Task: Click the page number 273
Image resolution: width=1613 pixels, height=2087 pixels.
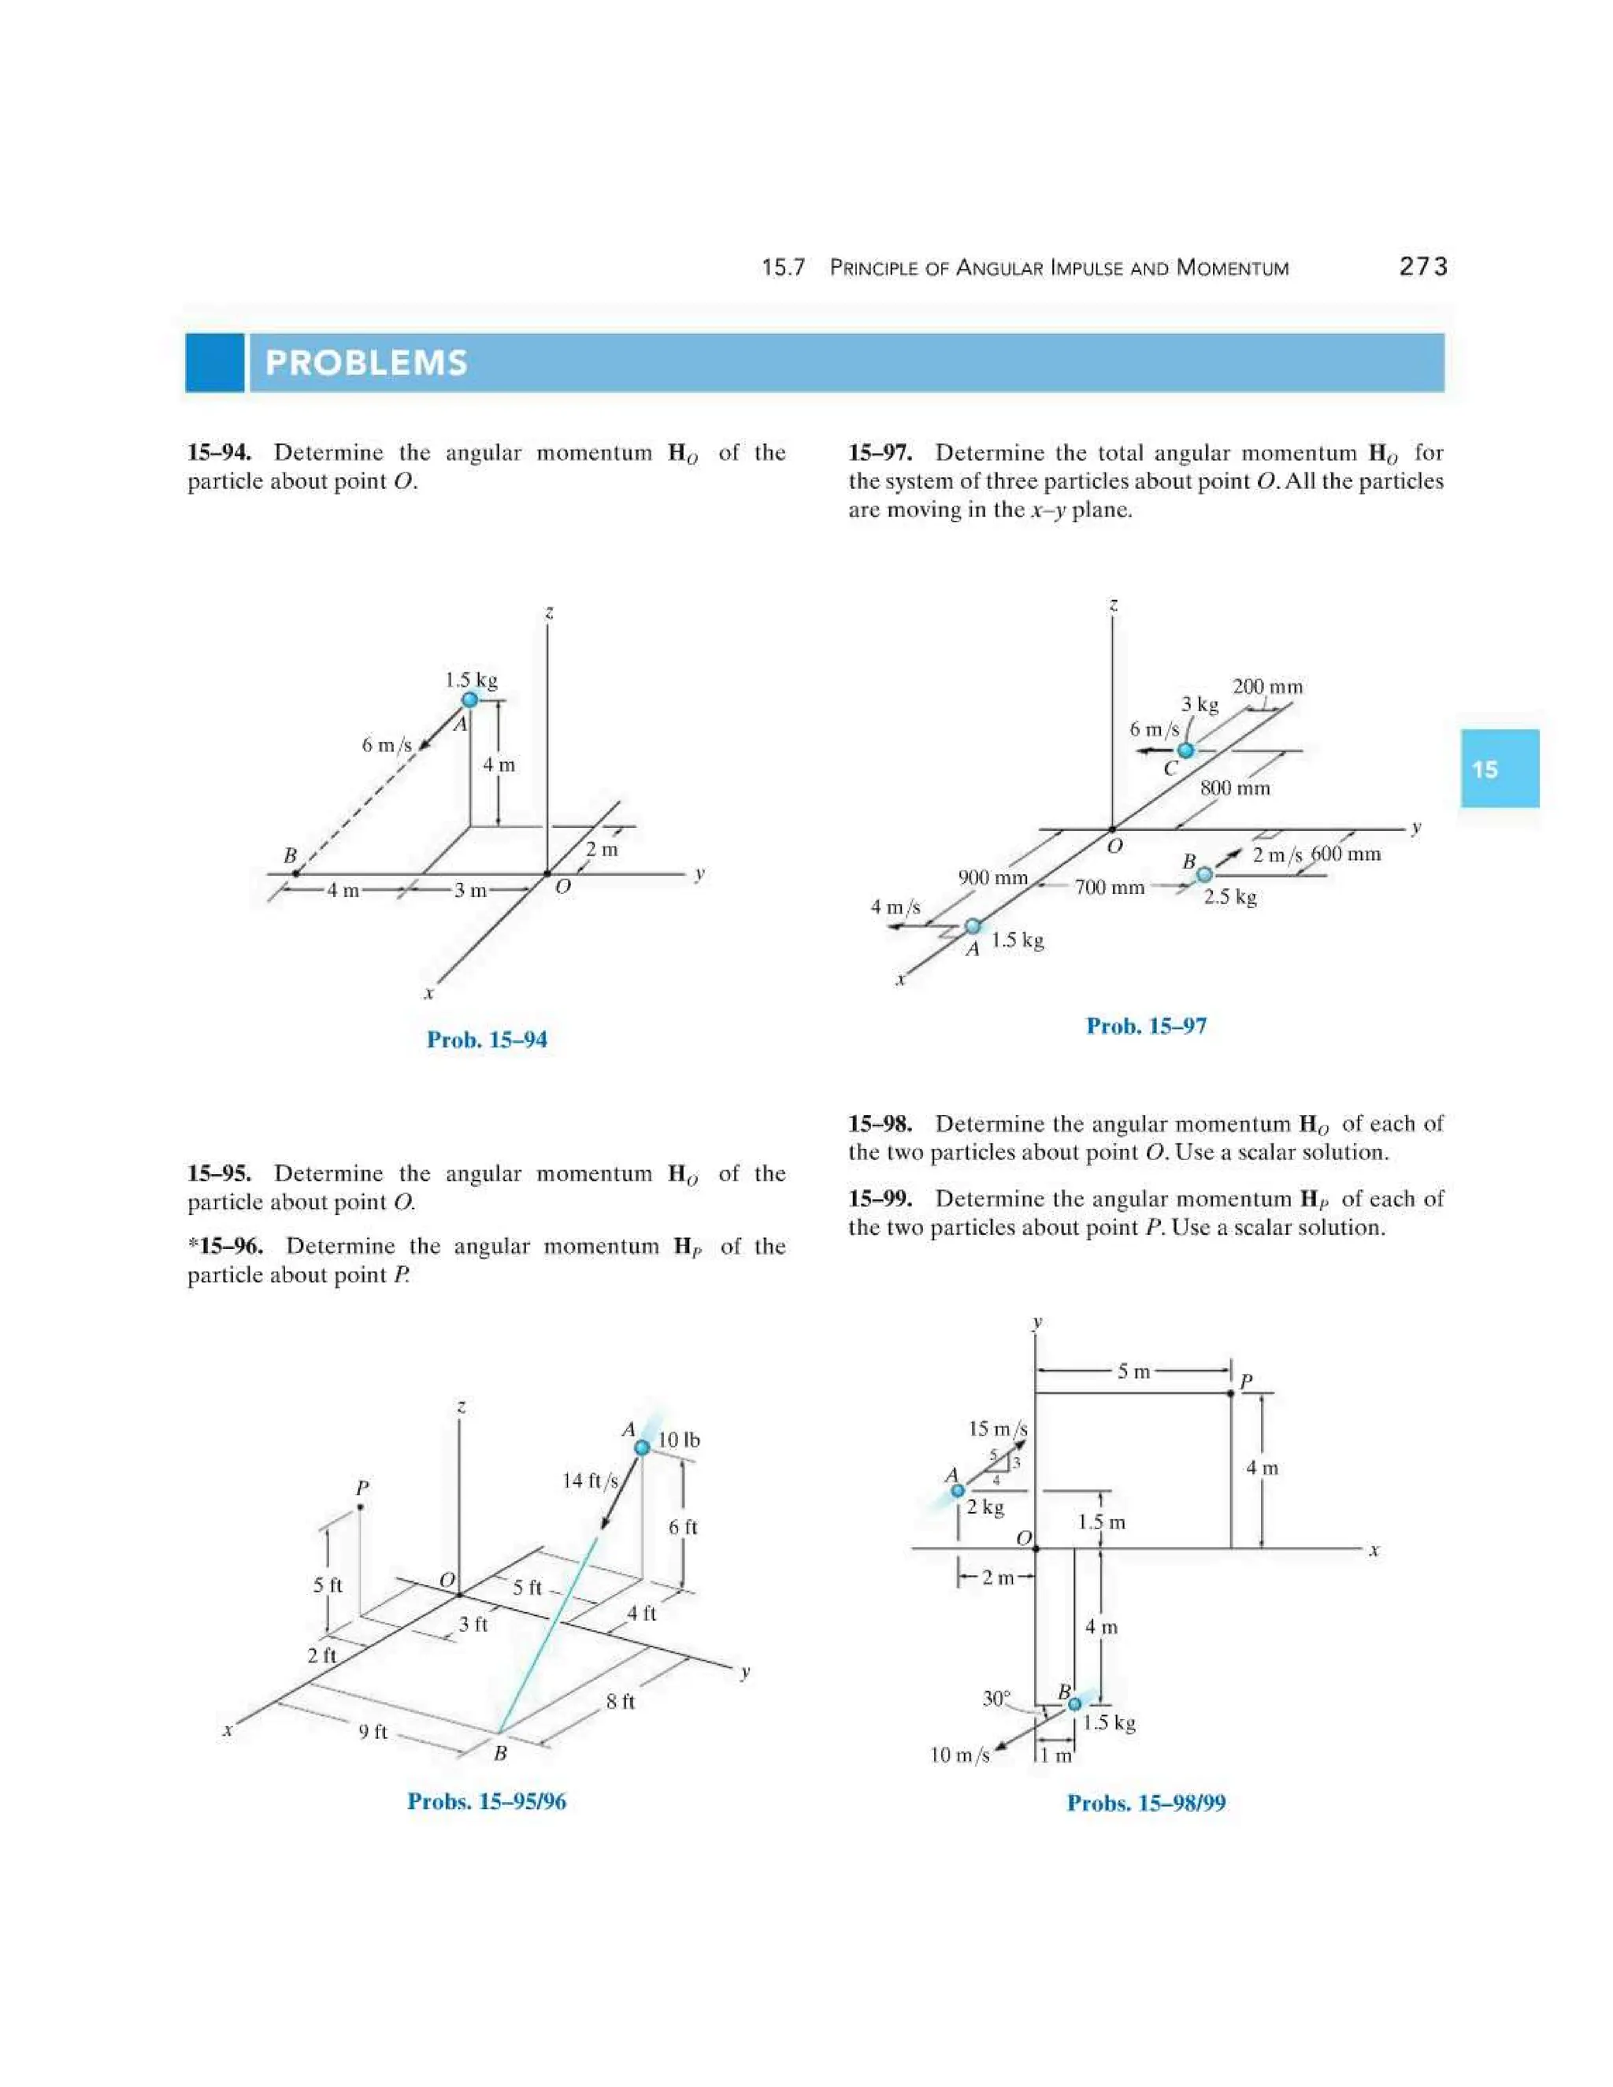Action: tap(1423, 267)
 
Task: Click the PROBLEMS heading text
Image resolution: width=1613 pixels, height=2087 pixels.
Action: tap(366, 363)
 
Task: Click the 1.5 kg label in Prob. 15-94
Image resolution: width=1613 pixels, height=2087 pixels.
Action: tap(471, 680)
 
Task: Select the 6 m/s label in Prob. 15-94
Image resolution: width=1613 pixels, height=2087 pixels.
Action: tap(386, 744)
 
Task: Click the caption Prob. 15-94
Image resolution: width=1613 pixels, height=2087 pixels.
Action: tap(487, 1040)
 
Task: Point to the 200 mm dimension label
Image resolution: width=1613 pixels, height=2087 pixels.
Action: tap(1267, 686)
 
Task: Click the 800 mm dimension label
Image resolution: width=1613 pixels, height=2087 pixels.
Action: tap(1235, 788)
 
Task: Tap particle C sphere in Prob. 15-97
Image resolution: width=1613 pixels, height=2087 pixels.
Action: tap(1186, 750)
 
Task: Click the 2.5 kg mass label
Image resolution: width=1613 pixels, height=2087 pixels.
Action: tap(1229, 896)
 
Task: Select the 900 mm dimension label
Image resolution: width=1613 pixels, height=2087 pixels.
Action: tap(993, 877)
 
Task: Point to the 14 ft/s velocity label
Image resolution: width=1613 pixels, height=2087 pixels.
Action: tap(590, 1481)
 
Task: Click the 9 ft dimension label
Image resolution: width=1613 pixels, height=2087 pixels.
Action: tap(373, 1732)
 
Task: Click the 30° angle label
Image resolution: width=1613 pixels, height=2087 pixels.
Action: tap(996, 1698)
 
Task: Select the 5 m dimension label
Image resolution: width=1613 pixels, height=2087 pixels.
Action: tap(1134, 1371)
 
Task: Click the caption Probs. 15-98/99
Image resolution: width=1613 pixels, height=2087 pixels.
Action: tap(1146, 1803)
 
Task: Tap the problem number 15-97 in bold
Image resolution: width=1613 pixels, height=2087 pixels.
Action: tap(879, 453)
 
